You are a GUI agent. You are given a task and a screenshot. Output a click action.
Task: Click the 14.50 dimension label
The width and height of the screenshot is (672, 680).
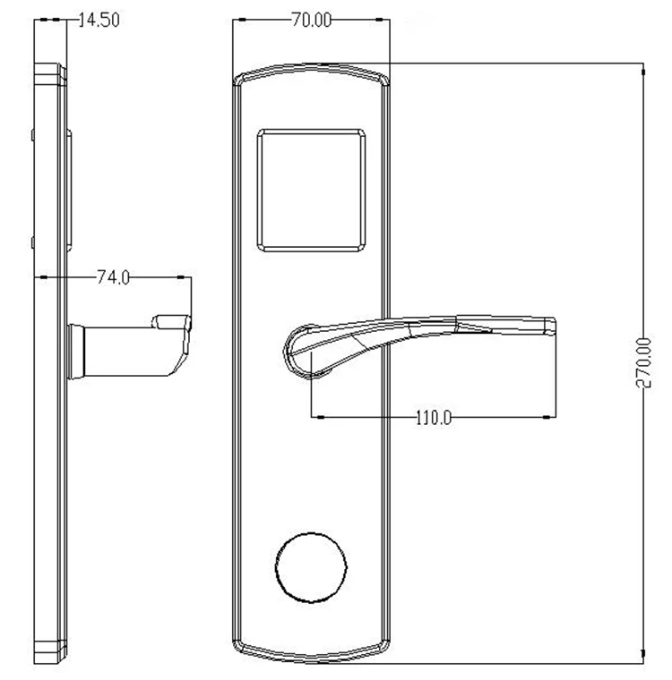[99, 20]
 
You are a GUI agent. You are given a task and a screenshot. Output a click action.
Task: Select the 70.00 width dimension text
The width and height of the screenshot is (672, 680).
[311, 20]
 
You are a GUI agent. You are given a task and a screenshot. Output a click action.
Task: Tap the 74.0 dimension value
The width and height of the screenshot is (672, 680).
[113, 277]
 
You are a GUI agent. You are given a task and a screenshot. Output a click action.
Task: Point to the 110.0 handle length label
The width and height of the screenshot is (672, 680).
[434, 418]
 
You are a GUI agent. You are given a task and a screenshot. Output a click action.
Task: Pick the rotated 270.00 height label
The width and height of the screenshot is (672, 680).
[643, 362]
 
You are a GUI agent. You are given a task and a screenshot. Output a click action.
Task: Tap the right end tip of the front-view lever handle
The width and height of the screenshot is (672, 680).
[556, 326]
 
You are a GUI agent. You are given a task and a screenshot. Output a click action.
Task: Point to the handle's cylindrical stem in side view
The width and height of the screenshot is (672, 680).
[126, 352]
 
